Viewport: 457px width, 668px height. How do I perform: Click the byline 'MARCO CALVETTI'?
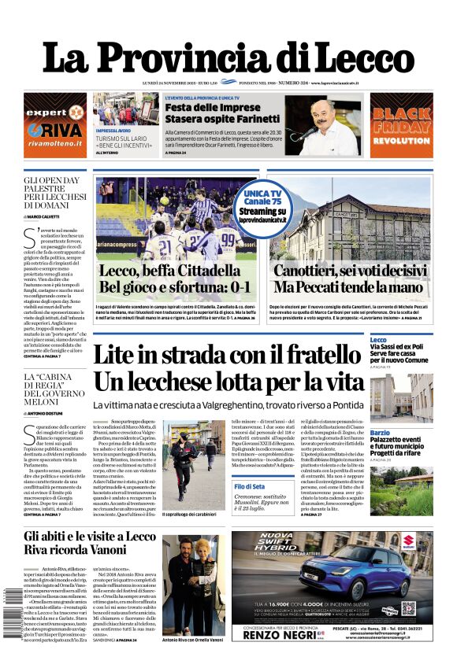click(x=50, y=216)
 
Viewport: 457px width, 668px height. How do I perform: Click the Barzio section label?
click(x=380, y=433)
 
